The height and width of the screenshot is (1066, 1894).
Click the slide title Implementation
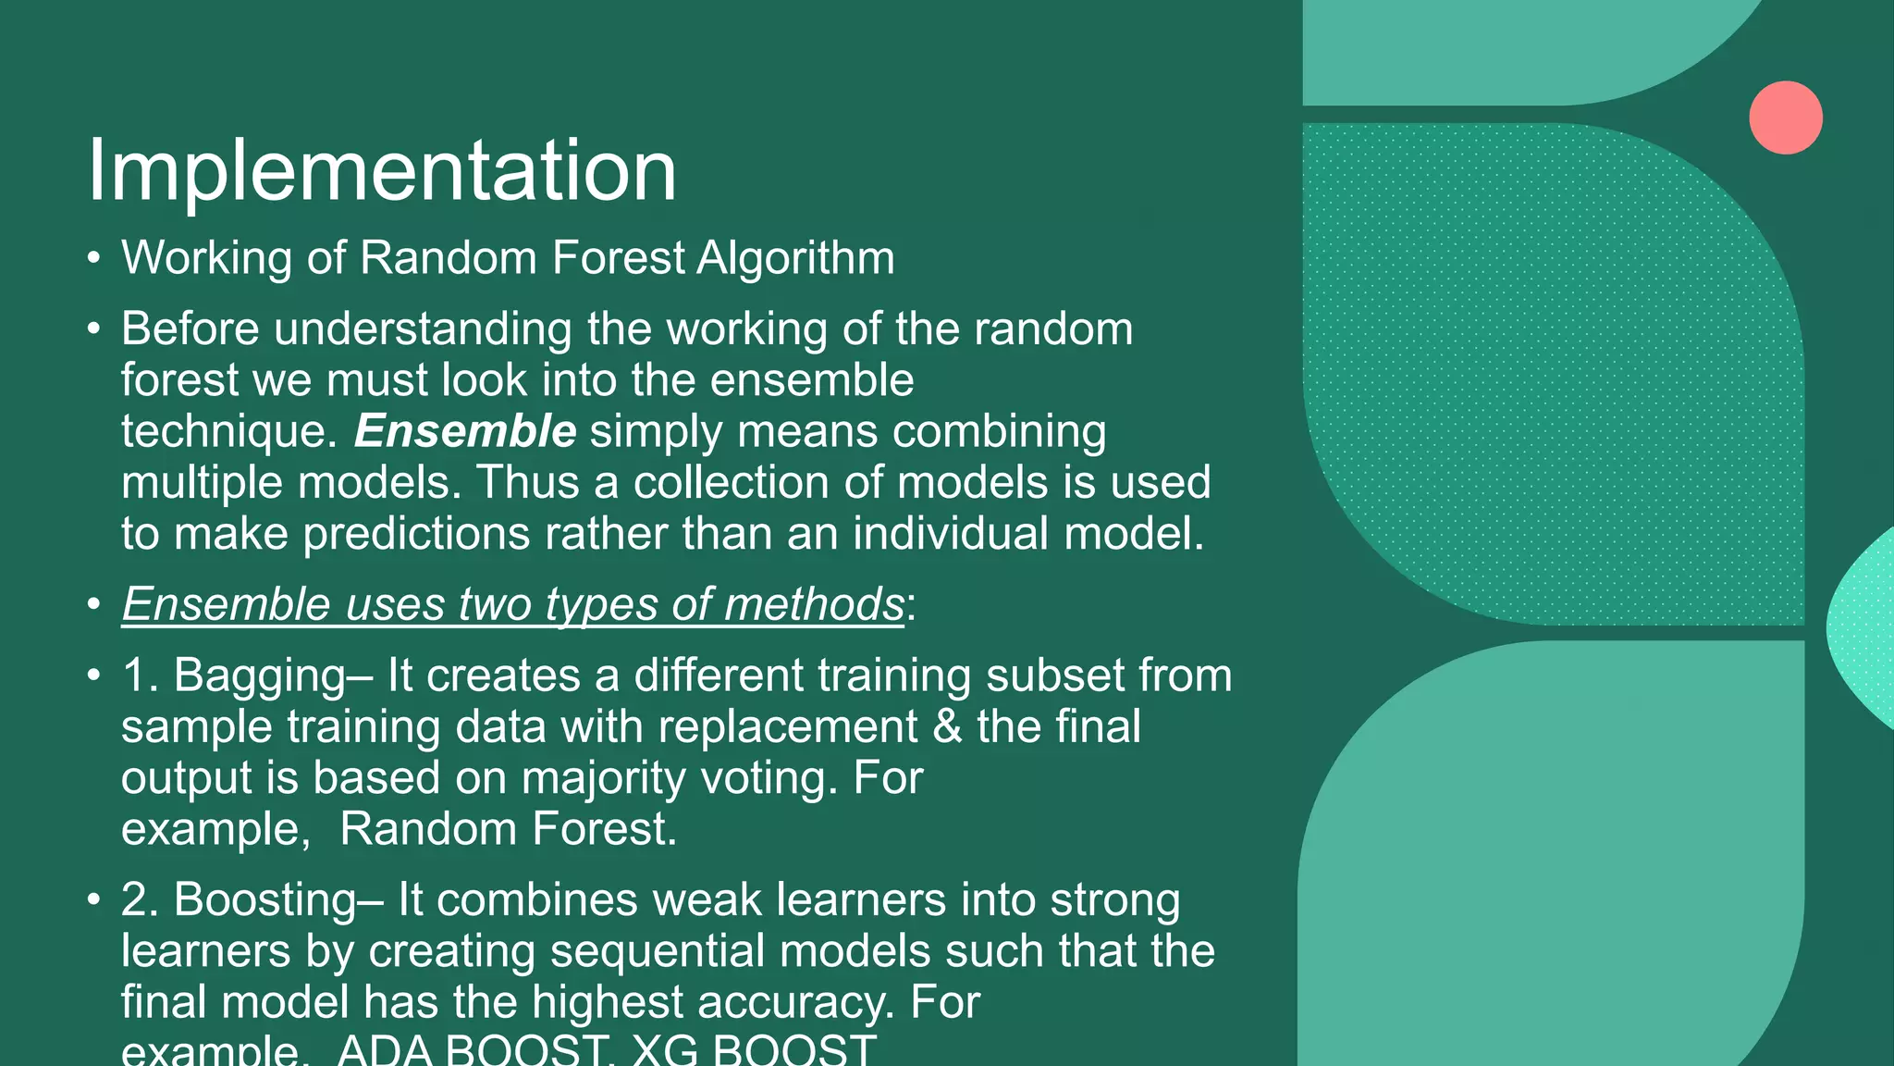coord(381,170)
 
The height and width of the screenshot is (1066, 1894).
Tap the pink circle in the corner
coord(1785,118)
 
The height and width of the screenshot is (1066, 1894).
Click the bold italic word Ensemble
coord(465,431)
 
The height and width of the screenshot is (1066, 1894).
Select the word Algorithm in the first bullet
coord(795,257)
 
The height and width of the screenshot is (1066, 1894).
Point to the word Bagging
coord(259,676)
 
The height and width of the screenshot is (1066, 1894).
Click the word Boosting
coord(264,899)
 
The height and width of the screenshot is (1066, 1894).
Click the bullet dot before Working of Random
coord(93,258)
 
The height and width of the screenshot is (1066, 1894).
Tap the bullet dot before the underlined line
coord(93,605)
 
